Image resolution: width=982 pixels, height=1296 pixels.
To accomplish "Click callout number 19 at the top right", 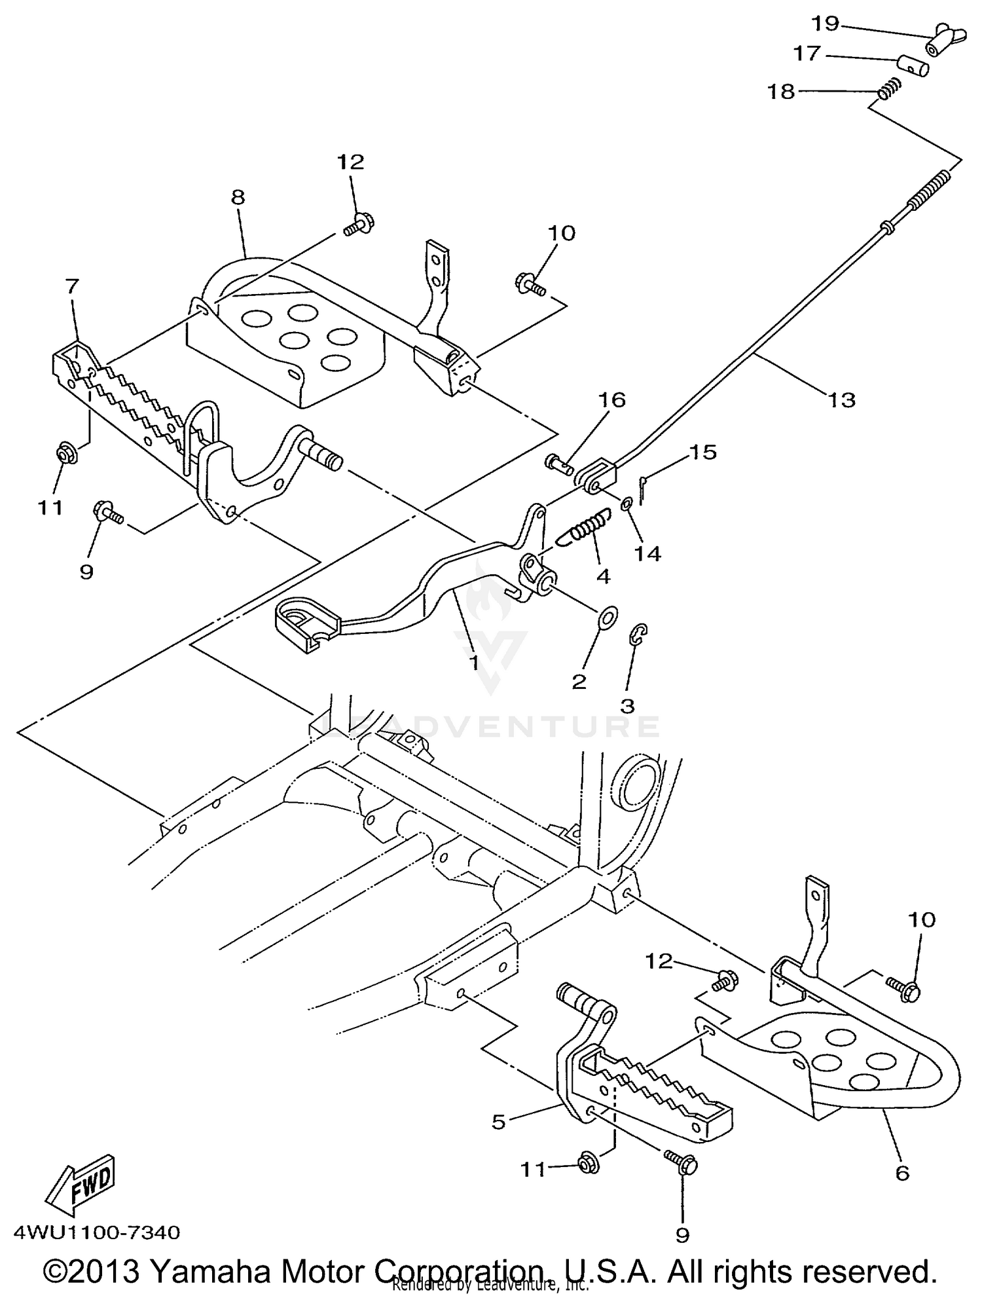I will click(x=825, y=24).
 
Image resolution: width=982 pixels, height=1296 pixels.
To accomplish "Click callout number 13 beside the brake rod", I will click(x=842, y=399).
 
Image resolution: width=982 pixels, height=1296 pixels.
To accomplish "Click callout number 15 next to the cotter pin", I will click(x=703, y=453).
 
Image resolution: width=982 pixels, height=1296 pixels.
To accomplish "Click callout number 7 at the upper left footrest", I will click(x=72, y=286).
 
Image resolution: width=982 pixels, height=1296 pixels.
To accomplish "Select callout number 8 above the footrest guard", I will click(x=238, y=197).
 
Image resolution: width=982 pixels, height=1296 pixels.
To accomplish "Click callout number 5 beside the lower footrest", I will click(x=499, y=1122).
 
